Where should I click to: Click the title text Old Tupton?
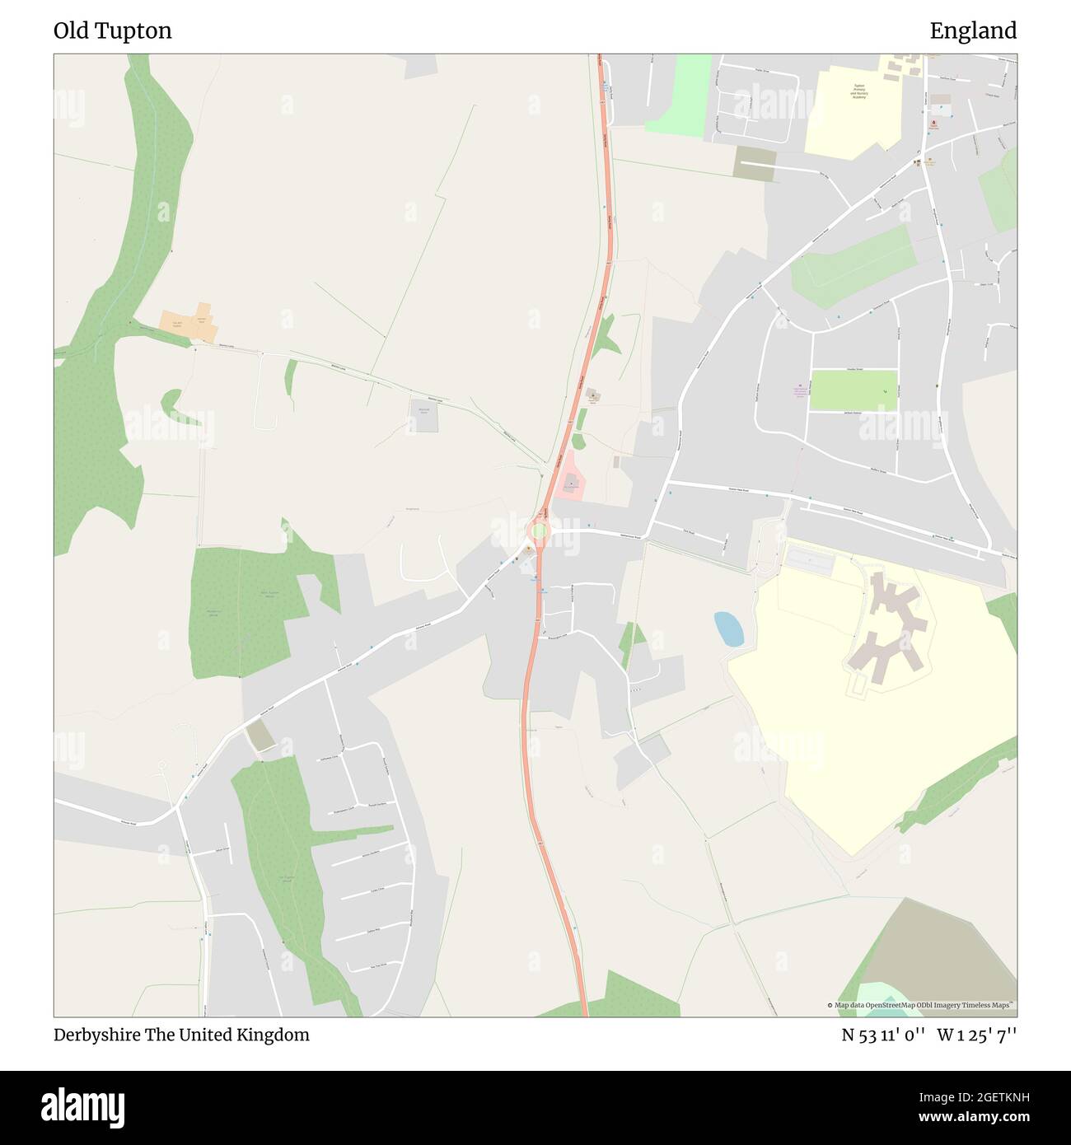113,31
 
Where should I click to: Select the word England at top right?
973,31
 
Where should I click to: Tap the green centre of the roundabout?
539,531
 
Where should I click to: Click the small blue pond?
728,629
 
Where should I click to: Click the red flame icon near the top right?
933,124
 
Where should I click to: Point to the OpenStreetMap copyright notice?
921,1005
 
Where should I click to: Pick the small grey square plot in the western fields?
424,414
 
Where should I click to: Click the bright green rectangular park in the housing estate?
854,390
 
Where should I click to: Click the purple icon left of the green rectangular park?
797,386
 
